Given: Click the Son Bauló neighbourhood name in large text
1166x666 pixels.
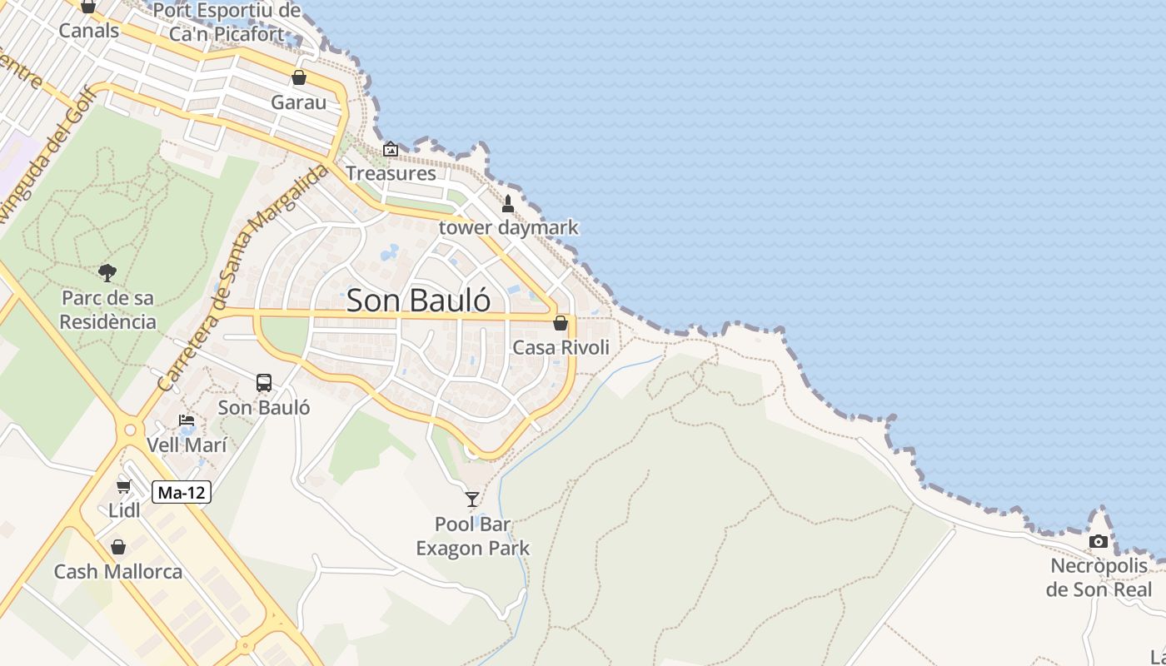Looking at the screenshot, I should (x=418, y=301).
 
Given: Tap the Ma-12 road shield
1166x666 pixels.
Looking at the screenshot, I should (x=182, y=492).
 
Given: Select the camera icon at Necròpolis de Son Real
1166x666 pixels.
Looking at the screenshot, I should (x=1099, y=542).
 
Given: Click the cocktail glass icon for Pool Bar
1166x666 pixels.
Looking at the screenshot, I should (x=472, y=499).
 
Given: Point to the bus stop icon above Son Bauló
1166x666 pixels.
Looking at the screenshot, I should (x=264, y=383).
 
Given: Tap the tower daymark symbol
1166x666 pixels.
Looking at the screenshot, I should (x=508, y=203).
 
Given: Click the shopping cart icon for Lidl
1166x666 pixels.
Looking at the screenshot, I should (x=124, y=486).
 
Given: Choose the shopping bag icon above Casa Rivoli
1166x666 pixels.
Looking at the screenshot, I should (x=561, y=323).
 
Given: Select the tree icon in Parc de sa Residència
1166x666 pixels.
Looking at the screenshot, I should (x=107, y=272).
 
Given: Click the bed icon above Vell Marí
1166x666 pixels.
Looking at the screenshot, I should (x=187, y=420).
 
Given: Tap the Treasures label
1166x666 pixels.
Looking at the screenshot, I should (x=391, y=173).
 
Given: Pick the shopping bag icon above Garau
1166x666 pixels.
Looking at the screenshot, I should (x=299, y=77).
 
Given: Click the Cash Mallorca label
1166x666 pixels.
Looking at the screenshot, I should (x=118, y=572).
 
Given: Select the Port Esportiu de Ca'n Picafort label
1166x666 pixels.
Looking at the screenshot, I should (x=227, y=22).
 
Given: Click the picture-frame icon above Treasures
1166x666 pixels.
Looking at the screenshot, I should (x=391, y=149).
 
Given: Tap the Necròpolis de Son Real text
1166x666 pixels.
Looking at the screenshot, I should (x=1099, y=578).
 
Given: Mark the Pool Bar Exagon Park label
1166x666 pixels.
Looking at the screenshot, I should (x=472, y=536).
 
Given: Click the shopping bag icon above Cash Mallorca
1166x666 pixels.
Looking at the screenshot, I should (x=118, y=547).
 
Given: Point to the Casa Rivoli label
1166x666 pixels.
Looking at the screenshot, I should (x=561, y=347).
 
